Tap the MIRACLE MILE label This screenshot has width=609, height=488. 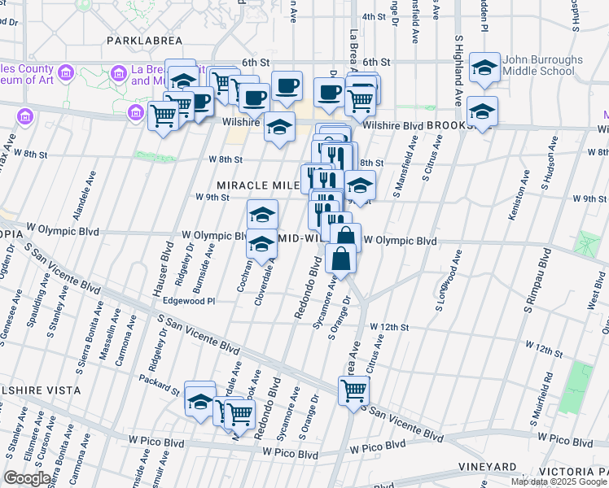coord(252,185)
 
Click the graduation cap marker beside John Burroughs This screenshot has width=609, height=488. coord(485,69)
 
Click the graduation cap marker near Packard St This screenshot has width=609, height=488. coord(199,399)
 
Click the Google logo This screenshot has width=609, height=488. coord(27,478)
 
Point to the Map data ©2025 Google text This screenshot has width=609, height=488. coord(559,481)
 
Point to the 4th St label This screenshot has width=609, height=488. coord(373,16)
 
